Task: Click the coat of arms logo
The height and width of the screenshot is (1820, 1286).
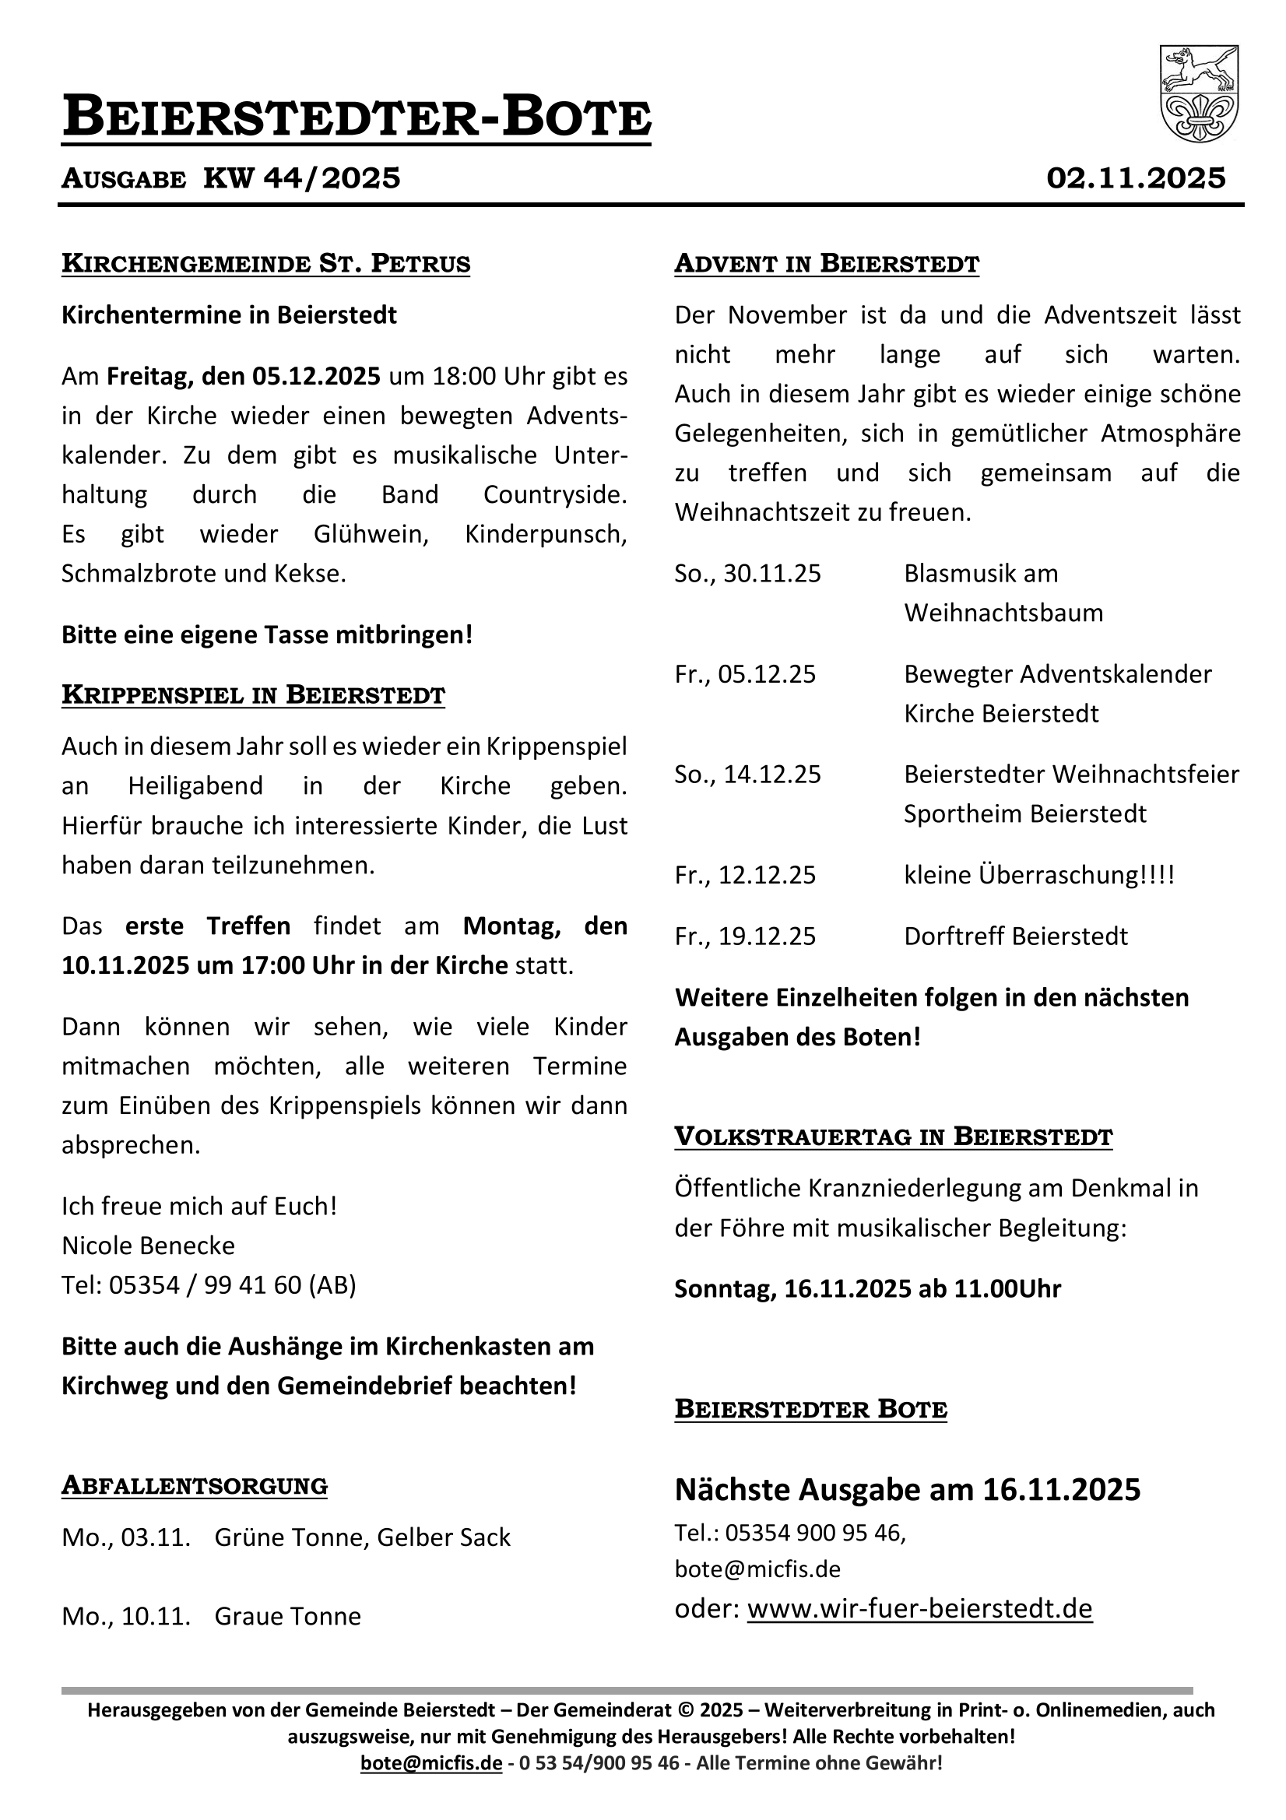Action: pos(1198,93)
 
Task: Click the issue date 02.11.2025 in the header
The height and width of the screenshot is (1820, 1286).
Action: pos(1135,178)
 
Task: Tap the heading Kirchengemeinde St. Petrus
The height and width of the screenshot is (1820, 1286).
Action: pos(265,264)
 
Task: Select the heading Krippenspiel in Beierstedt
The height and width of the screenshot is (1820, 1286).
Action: pos(253,695)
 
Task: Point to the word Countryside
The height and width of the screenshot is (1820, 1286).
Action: pos(555,494)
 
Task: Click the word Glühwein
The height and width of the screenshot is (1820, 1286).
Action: pos(371,534)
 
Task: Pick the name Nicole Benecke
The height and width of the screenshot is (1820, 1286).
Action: pos(148,1246)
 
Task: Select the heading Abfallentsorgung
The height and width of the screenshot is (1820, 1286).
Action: pos(195,1485)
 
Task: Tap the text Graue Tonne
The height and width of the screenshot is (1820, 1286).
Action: pos(288,1616)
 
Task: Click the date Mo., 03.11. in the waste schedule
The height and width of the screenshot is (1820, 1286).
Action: pos(126,1537)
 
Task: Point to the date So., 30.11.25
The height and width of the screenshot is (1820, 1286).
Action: pos(747,573)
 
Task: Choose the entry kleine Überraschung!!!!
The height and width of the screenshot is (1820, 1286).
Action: pos(1038,875)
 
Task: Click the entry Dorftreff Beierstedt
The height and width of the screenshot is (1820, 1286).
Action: pos(1016,936)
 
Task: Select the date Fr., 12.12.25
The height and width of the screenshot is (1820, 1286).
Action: pos(744,875)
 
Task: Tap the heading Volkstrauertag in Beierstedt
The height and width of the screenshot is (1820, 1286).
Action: pos(894,1137)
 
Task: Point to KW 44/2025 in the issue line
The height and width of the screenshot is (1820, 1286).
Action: pos(302,178)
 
